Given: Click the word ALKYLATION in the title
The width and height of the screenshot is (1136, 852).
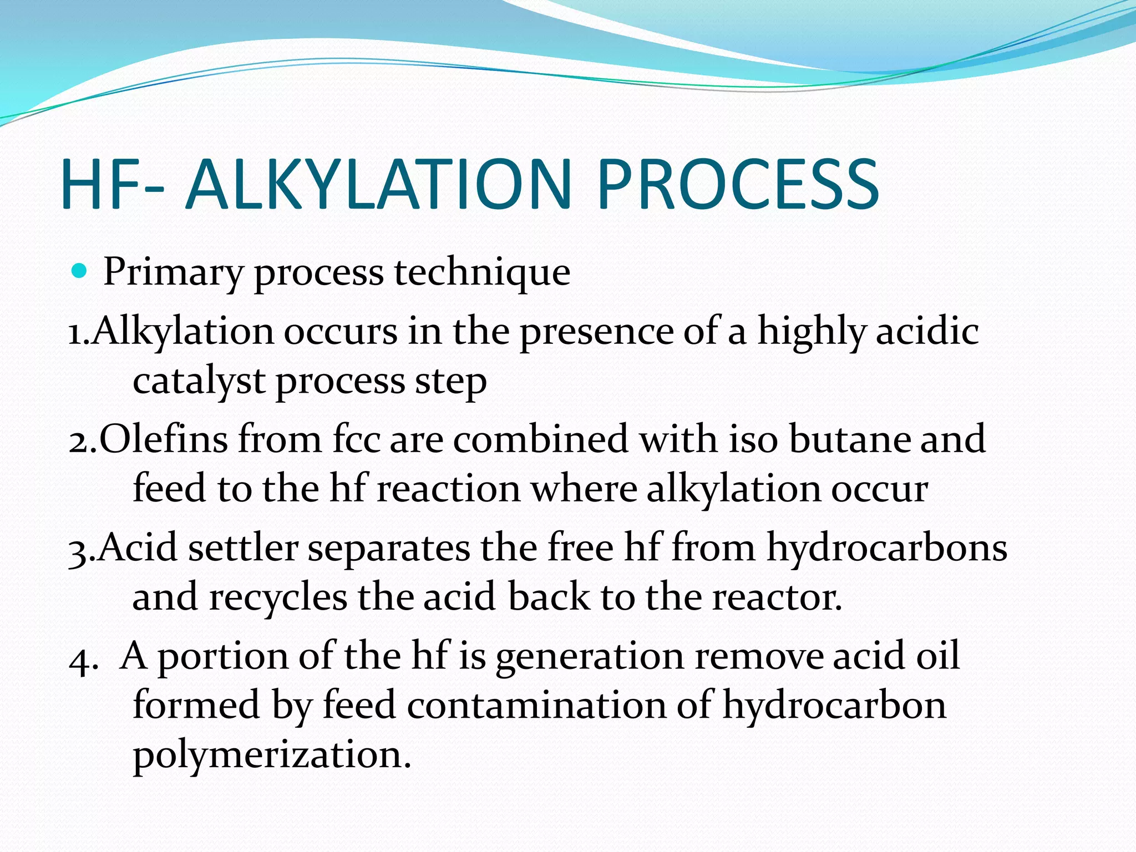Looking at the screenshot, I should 379,185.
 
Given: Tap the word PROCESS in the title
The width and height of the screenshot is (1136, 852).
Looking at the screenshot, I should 738,185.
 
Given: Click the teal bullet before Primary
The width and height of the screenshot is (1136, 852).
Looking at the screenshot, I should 80,271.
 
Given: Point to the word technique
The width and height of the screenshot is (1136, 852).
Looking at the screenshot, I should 482,273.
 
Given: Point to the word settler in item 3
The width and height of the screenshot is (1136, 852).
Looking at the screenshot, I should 243,548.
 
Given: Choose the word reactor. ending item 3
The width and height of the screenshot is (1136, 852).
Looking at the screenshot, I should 777,598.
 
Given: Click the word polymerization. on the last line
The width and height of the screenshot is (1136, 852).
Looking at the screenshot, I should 272,757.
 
